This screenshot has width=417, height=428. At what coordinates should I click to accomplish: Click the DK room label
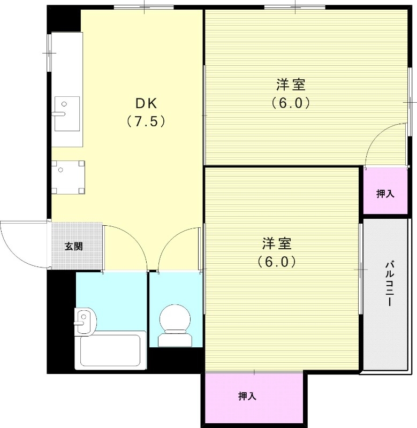coord(145,103)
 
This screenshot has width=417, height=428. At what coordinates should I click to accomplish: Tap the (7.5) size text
coord(145,121)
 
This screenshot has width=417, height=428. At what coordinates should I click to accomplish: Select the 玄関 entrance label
coord(74,247)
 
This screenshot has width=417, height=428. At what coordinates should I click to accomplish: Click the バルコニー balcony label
coord(390,284)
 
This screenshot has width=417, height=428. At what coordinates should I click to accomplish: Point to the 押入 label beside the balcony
coord(385,194)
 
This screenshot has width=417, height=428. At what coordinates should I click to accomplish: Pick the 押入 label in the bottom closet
coord(247,396)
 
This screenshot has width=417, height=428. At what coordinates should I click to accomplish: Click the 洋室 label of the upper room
coord(291,85)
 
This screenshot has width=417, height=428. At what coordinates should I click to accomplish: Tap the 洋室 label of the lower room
coord(277,244)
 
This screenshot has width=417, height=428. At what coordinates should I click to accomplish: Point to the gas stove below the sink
coord(67,177)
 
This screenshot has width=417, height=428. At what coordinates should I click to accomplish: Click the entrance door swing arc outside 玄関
coord(21,243)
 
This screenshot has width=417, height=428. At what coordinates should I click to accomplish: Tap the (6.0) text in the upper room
coord(291,103)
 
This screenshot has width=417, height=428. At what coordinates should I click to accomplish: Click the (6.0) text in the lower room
coord(277,262)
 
